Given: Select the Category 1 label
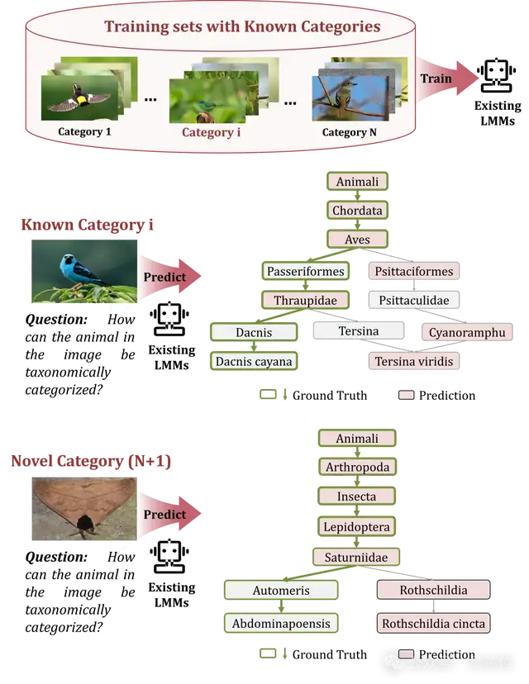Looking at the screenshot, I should (x=84, y=131).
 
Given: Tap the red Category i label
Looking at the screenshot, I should (x=211, y=132).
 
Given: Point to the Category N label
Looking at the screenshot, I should (x=355, y=132).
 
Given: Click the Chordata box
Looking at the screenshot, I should (x=357, y=211).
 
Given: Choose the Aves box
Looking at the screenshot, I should (x=357, y=240).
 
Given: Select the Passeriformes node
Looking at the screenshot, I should (x=305, y=271).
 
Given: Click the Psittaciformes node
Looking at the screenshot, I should (x=413, y=271).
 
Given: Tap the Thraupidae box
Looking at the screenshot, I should (x=305, y=301).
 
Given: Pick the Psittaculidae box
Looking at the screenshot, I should (x=413, y=301).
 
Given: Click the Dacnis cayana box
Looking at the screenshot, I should (x=254, y=361).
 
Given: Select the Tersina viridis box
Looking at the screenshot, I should (x=413, y=362).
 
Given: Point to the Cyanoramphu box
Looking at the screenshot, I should (x=467, y=332).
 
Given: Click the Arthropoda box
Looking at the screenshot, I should (x=357, y=467).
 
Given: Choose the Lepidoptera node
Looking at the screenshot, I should (x=357, y=526).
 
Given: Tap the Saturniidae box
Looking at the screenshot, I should (x=357, y=557).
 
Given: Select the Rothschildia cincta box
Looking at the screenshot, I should (x=433, y=623).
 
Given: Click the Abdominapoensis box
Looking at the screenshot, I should (x=279, y=623).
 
